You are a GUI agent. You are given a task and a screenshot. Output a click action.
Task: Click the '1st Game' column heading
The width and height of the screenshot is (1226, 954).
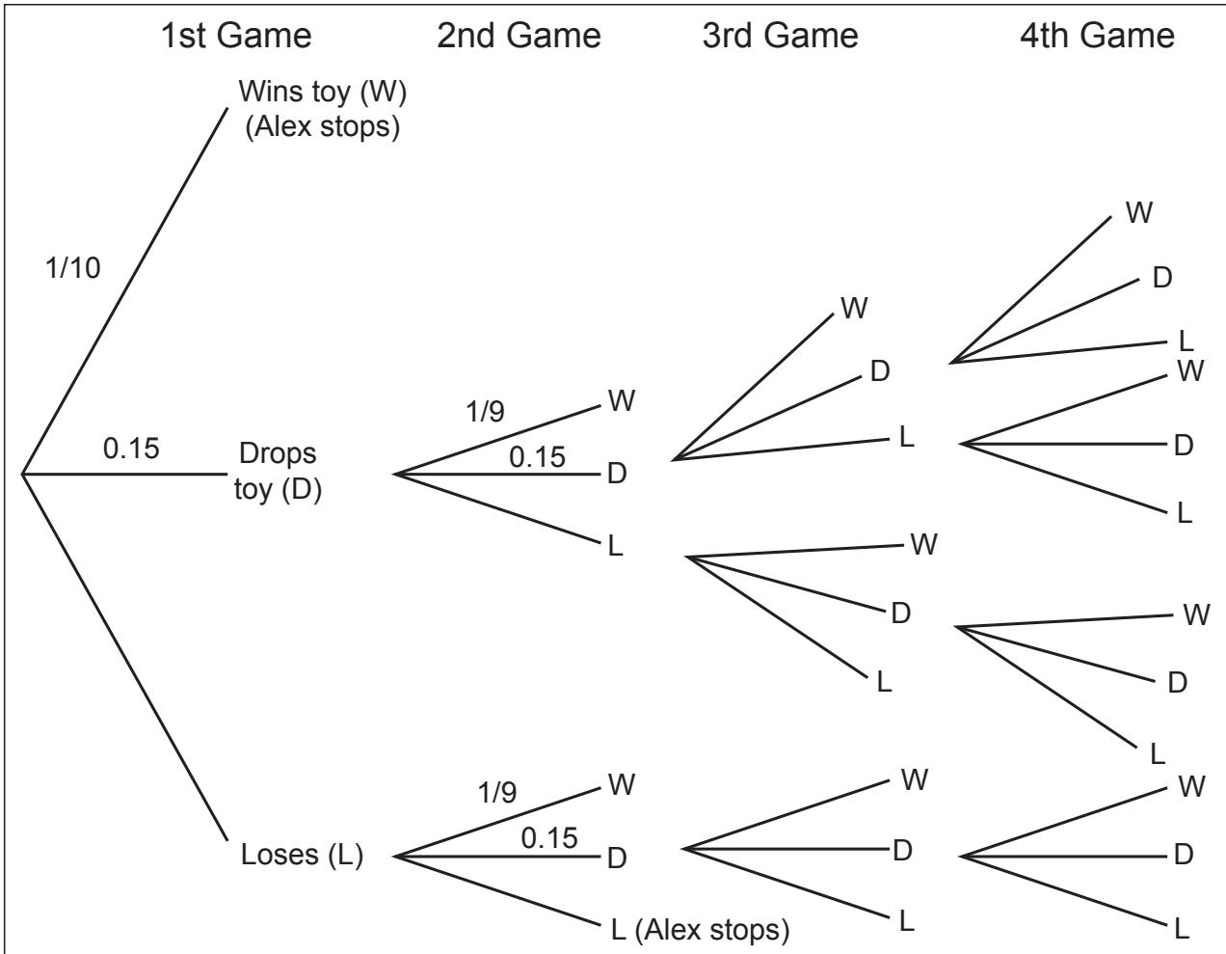click(236, 36)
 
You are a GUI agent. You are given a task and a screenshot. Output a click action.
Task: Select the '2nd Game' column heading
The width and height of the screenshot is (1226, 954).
click(520, 36)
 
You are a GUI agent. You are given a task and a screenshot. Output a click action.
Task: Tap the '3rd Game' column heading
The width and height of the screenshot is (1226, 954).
click(781, 36)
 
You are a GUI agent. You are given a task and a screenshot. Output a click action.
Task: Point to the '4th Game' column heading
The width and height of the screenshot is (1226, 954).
click(1098, 36)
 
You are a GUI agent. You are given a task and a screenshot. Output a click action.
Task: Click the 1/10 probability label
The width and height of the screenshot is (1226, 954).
click(73, 267)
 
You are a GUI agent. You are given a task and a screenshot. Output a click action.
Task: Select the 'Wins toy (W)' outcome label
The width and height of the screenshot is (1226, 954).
click(323, 92)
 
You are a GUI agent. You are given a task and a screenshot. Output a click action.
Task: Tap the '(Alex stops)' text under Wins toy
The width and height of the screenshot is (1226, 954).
click(323, 126)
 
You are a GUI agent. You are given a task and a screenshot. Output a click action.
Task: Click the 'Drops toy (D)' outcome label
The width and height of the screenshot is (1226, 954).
click(278, 471)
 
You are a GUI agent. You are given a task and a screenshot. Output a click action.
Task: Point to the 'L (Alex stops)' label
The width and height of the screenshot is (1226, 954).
click(700, 930)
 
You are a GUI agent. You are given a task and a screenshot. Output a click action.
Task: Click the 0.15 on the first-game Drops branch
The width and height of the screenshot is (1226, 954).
click(131, 449)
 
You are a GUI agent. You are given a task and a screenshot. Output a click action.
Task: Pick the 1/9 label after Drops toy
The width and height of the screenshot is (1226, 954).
click(485, 412)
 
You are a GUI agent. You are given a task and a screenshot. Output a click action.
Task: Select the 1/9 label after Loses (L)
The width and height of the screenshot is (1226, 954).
click(497, 793)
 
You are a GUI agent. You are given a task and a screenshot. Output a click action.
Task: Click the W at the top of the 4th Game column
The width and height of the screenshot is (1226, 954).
click(1139, 213)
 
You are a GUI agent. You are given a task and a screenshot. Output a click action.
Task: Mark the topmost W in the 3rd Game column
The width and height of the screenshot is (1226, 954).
click(854, 309)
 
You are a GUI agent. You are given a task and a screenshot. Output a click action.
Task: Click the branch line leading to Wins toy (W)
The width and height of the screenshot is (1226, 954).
click(124, 290)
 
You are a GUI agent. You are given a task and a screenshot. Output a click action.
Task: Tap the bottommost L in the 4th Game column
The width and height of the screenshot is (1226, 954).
click(1182, 929)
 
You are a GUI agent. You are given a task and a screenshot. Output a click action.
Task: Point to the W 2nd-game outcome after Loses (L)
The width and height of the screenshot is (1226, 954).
click(622, 784)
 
